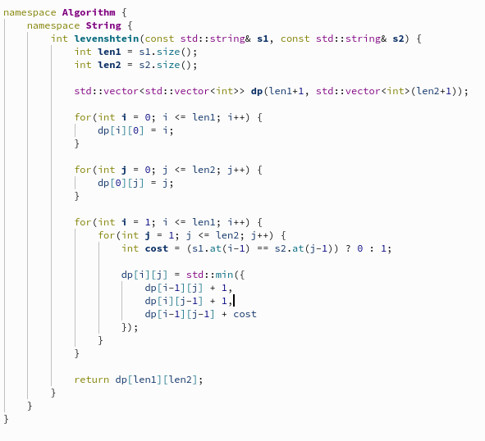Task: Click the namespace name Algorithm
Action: (x=89, y=12)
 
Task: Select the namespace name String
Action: (x=103, y=25)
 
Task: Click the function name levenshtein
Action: (x=107, y=39)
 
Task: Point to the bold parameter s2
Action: (x=398, y=39)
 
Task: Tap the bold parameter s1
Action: (x=263, y=39)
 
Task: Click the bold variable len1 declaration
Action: (x=109, y=52)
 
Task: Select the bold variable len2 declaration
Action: (x=109, y=65)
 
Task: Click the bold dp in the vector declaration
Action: (x=257, y=91)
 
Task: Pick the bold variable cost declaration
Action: (x=157, y=248)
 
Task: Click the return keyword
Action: (x=92, y=380)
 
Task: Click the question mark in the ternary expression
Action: (x=348, y=248)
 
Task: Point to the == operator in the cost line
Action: (x=263, y=248)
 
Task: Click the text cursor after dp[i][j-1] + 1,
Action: (x=234, y=301)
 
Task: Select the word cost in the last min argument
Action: (x=245, y=314)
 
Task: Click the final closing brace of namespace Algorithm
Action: (x=7, y=419)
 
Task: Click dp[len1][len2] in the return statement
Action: (x=157, y=380)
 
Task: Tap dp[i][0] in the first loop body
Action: (x=121, y=130)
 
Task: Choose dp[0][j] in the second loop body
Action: (x=121, y=183)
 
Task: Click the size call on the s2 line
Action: (x=168, y=65)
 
